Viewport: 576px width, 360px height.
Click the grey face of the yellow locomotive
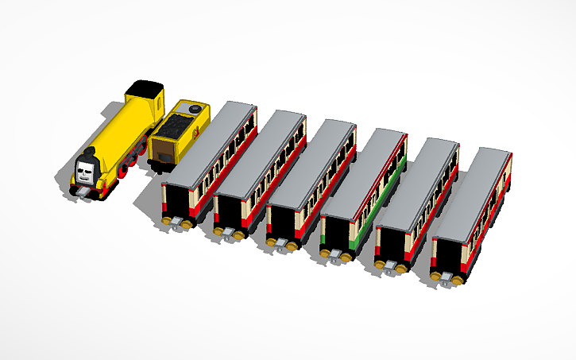click(x=88, y=168)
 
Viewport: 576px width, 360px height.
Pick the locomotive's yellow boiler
click(x=119, y=135)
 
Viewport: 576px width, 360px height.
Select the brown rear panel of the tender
click(x=162, y=151)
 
